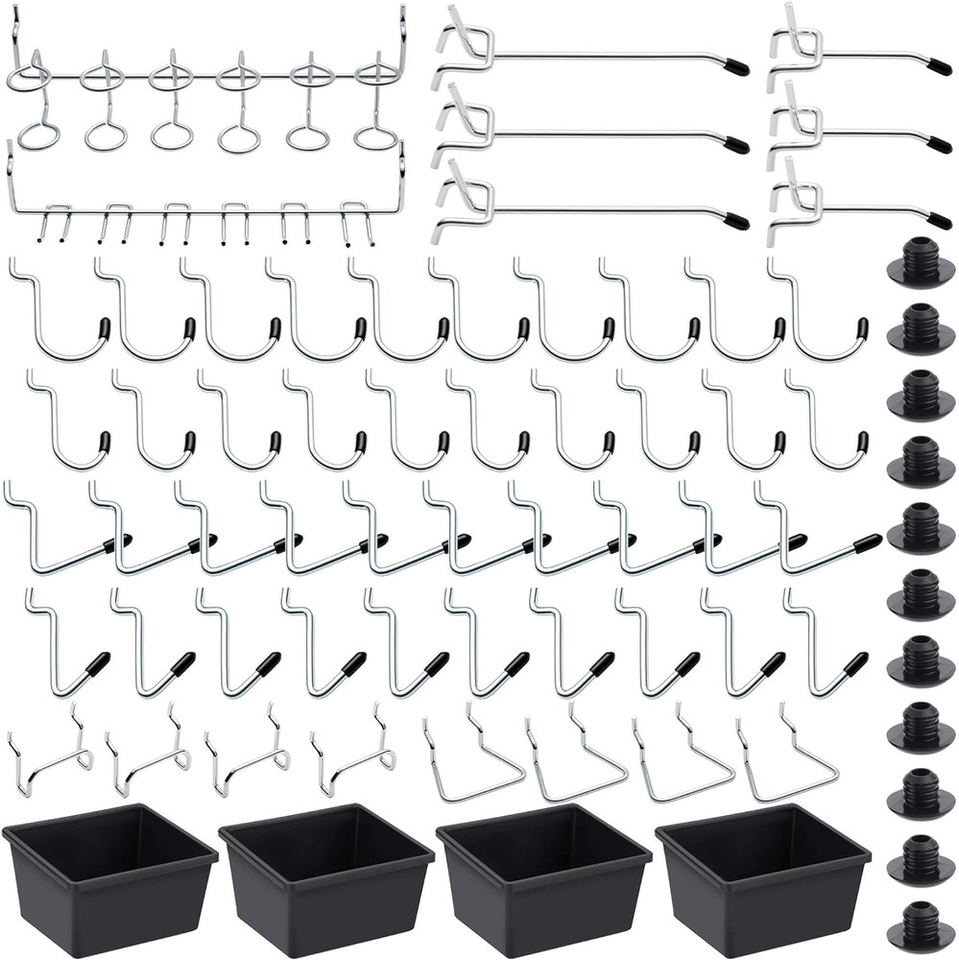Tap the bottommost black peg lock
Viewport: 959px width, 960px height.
coord(921,927)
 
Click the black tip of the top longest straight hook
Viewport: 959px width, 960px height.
coord(736,68)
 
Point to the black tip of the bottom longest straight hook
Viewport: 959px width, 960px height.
coord(736,221)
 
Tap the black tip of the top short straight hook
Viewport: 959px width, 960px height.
coord(939,67)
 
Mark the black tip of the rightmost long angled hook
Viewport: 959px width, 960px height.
coord(868,541)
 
